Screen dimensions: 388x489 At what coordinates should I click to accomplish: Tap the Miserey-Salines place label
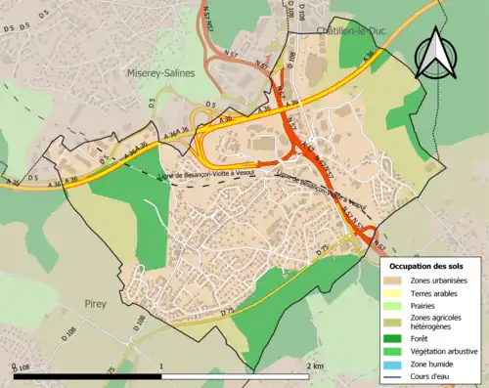pos(159,72)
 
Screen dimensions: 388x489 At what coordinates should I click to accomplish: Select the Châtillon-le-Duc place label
pos(351,31)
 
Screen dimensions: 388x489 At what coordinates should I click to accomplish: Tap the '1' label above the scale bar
pos(160,366)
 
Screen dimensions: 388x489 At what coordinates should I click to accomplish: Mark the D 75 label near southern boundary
pos(228,311)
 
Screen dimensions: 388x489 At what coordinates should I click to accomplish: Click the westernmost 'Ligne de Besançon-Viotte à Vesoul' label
pos(196,176)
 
